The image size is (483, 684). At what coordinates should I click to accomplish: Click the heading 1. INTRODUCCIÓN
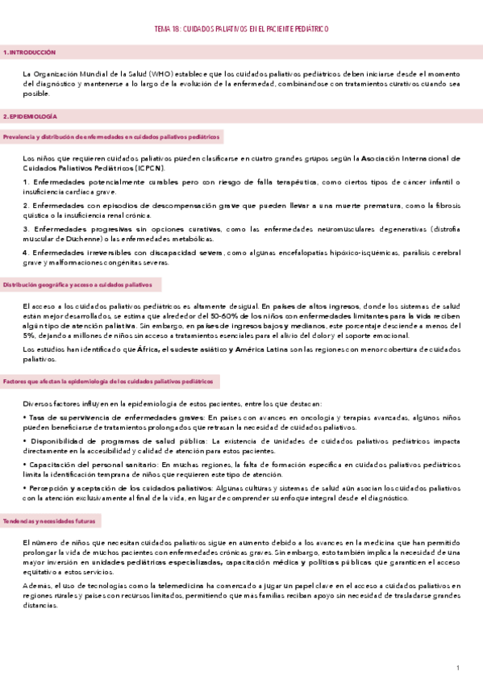click(x=30, y=52)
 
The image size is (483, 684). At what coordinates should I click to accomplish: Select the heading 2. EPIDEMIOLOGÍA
click(x=31, y=117)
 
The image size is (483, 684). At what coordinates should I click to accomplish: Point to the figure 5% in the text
click(x=31, y=335)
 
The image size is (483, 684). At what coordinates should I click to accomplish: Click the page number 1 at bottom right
click(x=457, y=669)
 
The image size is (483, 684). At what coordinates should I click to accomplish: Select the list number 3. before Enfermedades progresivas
click(x=26, y=230)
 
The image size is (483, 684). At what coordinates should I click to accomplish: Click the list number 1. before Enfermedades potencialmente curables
click(x=26, y=182)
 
